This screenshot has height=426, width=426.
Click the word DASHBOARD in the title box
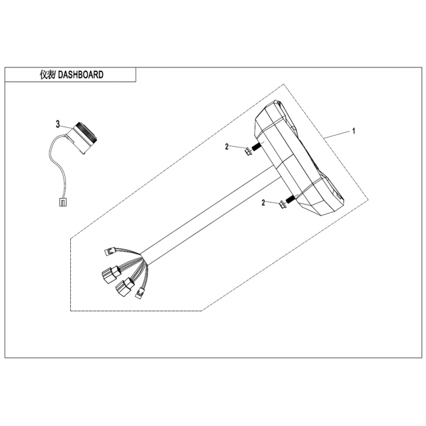[81, 75]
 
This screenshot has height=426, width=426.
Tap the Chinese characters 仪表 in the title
[47, 75]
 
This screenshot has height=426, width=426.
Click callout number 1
[354, 131]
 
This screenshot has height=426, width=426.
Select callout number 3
[58, 125]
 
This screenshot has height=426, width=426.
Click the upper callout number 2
[227, 147]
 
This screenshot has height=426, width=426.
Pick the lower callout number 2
[263, 202]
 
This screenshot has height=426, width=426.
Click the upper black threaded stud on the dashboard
[256, 148]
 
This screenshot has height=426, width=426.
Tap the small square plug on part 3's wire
[63, 202]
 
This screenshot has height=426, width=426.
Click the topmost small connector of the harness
[110, 251]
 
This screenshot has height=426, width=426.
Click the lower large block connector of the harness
[125, 286]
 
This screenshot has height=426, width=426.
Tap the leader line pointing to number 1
[337, 135]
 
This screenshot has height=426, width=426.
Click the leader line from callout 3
[67, 127]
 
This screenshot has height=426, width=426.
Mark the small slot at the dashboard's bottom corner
[338, 195]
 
